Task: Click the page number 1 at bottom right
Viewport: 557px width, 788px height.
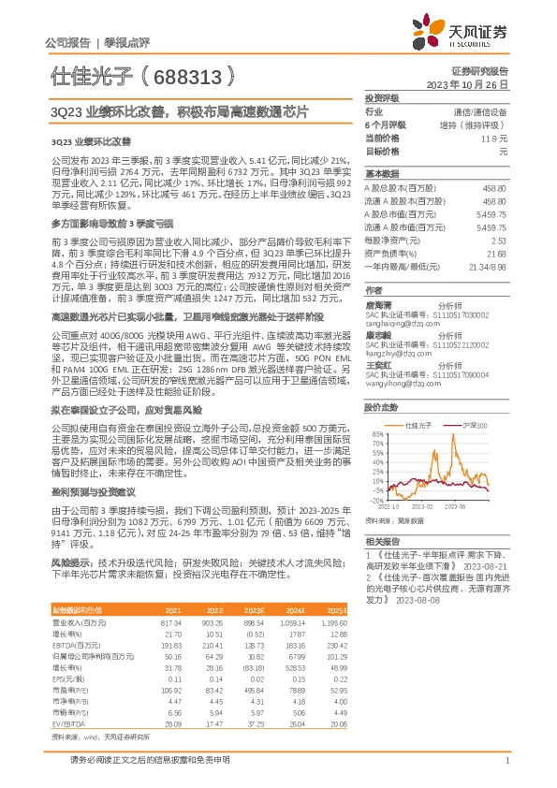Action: tap(506, 761)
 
